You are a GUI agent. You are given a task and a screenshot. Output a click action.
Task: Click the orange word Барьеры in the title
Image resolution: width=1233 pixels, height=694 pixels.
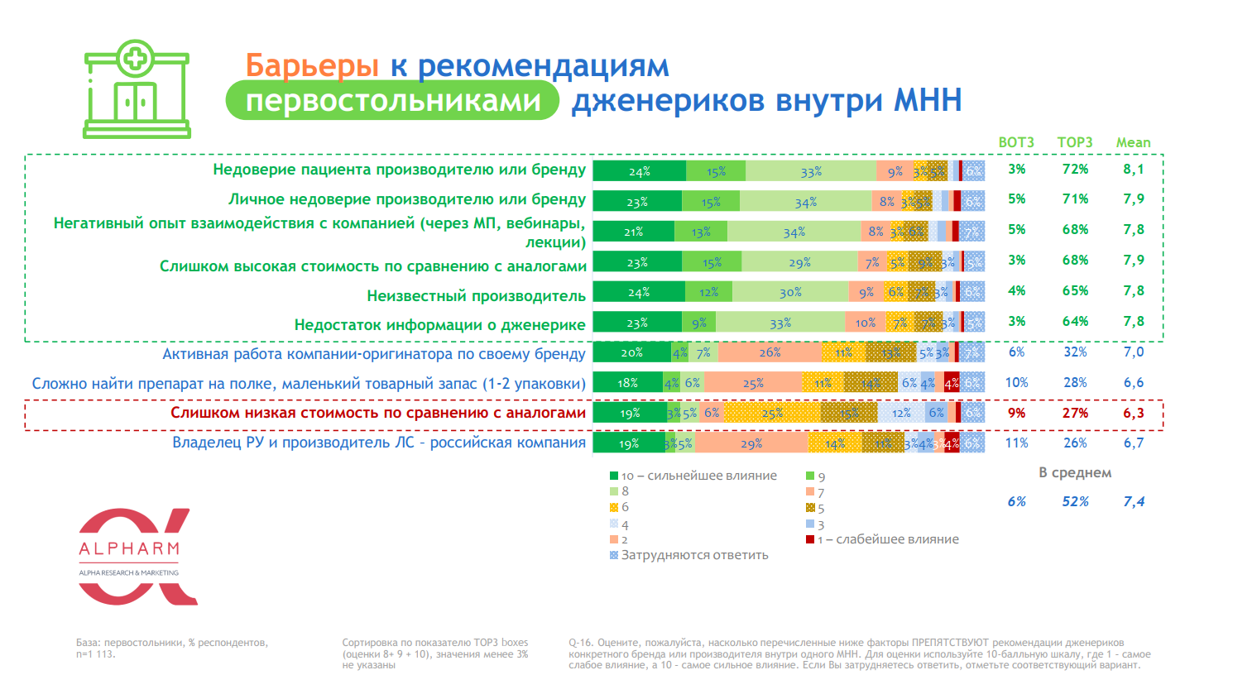311,65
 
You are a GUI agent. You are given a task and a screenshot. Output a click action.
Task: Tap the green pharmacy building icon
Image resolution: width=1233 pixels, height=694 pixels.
137,89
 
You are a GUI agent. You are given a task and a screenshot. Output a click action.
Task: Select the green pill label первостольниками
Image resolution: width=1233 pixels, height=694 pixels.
393,101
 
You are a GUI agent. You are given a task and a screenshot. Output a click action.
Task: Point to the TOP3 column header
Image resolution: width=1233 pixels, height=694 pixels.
1075,142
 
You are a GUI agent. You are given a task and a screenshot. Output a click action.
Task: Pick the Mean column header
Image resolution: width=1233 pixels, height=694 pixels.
1133,142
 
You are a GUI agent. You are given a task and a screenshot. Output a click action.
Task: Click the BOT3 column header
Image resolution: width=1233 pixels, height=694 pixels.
1016,142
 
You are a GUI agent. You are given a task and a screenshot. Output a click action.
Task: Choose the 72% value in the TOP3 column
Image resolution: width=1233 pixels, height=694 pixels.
1075,170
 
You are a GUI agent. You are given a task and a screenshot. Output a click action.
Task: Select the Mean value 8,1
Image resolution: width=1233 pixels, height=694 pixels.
1134,170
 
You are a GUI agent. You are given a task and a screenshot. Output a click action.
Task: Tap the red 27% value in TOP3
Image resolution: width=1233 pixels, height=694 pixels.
1075,413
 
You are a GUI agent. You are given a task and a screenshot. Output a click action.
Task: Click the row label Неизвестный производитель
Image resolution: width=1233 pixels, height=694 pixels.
476,295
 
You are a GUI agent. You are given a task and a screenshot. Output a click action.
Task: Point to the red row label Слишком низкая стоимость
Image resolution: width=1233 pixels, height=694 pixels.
378,413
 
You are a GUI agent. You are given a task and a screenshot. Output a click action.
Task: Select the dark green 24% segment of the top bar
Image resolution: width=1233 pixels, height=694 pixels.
639,171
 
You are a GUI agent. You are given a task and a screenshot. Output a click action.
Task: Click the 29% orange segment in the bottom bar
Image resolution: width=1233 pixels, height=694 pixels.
751,443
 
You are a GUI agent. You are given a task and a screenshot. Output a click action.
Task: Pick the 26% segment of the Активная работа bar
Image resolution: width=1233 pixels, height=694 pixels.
770,352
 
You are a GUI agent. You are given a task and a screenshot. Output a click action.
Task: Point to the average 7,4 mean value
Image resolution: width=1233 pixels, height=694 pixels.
1134,501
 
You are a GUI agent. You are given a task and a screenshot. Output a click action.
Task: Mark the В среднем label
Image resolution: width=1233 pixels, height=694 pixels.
1075,472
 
